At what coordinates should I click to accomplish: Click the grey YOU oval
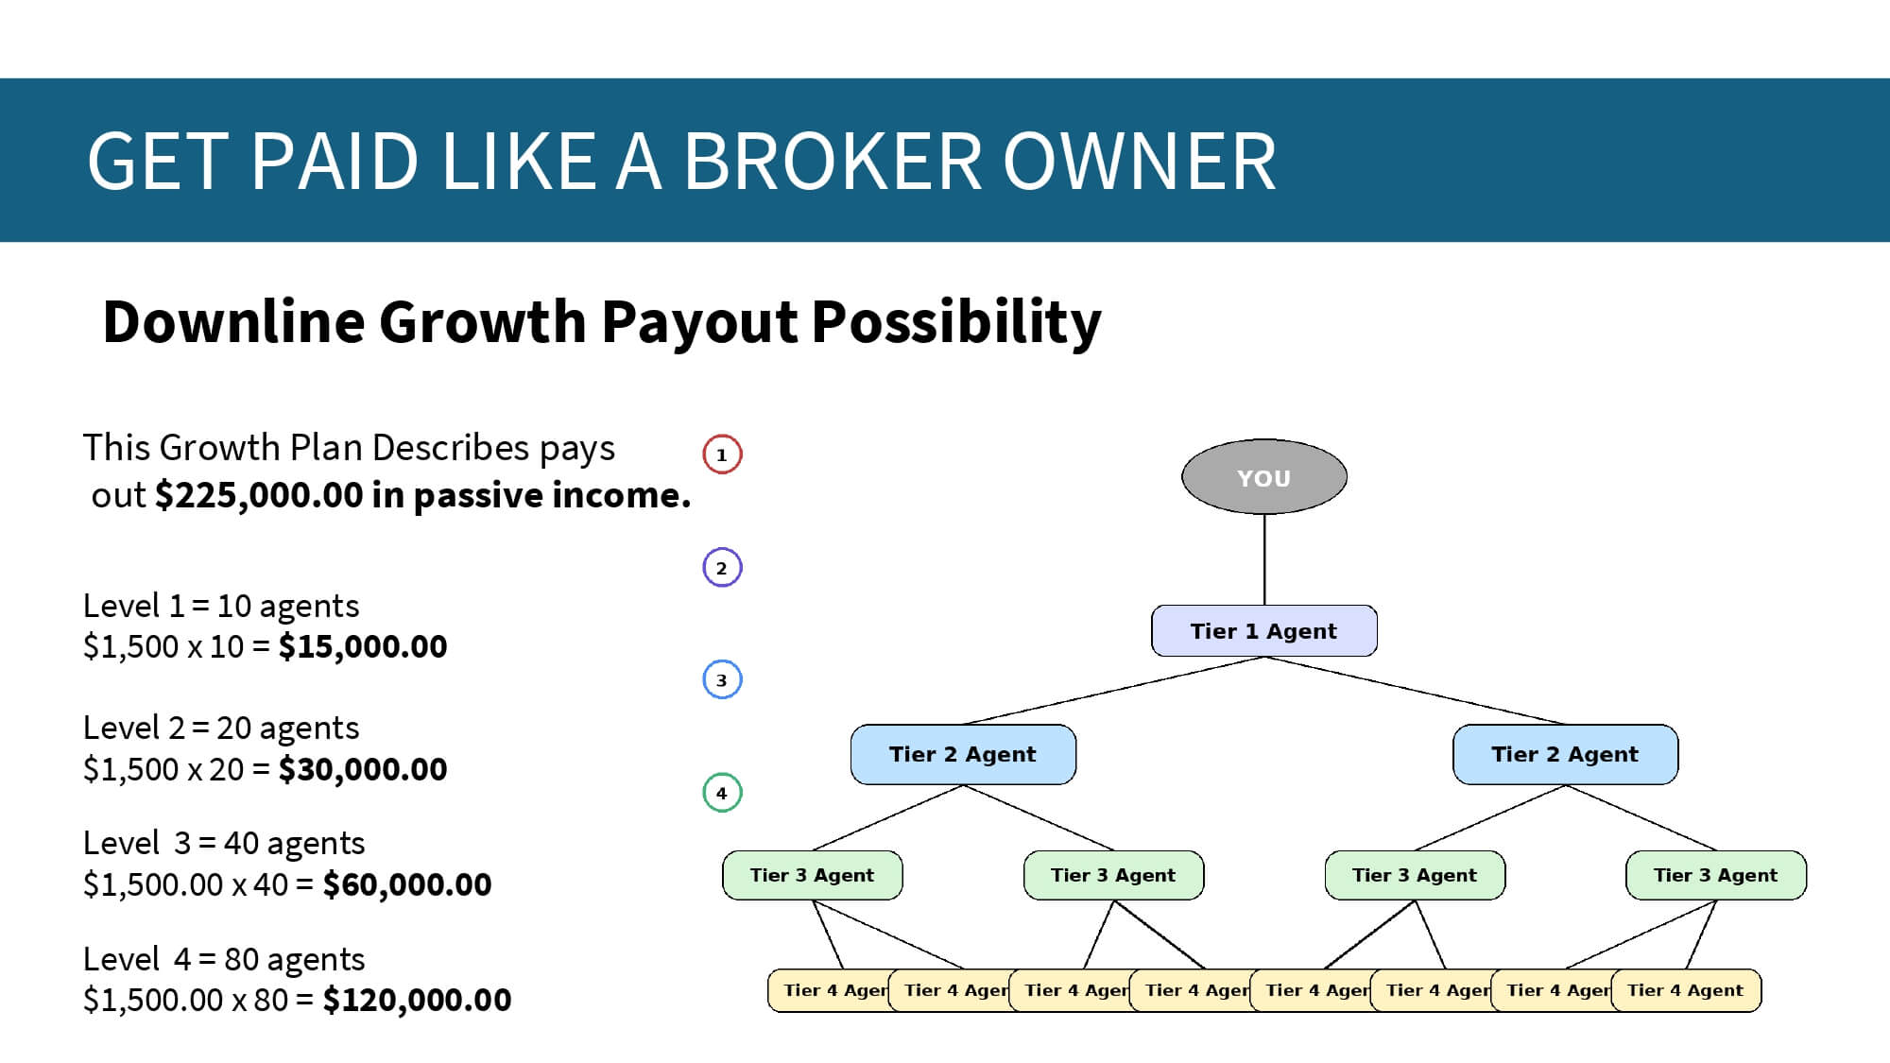pyautogui.click(x=1263, y=477)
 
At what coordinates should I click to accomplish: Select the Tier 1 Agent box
pyautogui.click(x=1263, y=631)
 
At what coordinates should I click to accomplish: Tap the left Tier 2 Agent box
pyautogui.click(x=963, y=754)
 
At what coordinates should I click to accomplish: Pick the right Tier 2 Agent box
pyautogui.click(x=1565, y=754)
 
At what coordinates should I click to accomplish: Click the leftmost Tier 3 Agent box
pyautogui.click(x=813, y=875)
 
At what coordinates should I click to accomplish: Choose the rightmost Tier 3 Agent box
pyautogui.click(x=1715, y=875)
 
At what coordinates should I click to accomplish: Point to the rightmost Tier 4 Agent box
pyautogui.click(x=1686, y=990)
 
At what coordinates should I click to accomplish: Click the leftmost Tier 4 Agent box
pyautogui.click(x=829, y=990)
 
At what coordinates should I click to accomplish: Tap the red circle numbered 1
pyautogui.click(x=722, y=454)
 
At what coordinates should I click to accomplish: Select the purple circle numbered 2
pyautogui.click(x=722, y=568)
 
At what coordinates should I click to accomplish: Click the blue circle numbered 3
pyautogui.click(x=722, y=679)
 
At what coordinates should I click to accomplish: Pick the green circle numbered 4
pyautogui.click(x=722, y=793)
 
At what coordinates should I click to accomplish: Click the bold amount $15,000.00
pyautogui.click(x=363, y=647)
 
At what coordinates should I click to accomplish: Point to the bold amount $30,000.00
pyautogui.click(x=363, y=770)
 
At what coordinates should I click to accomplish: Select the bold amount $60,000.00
pyautogui.click(x=407, y=885)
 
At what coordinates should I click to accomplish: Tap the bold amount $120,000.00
pyautogui.click(x=417, y=1001)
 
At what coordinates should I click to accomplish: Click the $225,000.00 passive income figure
pyautogui.click(x=259, y=495)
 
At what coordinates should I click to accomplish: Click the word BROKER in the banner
pyautogui.click(x=833, y=162)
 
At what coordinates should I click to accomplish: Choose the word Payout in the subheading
pyautogui.click(x=699, y=322)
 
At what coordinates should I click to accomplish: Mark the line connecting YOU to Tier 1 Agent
pyautogui.click(x=1264, y=559)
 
